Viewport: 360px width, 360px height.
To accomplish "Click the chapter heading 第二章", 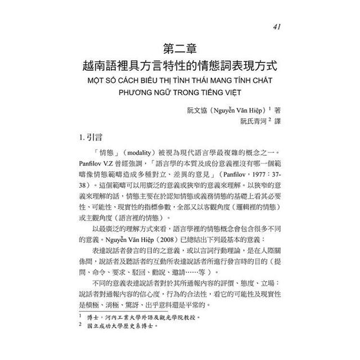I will coord(179,46).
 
